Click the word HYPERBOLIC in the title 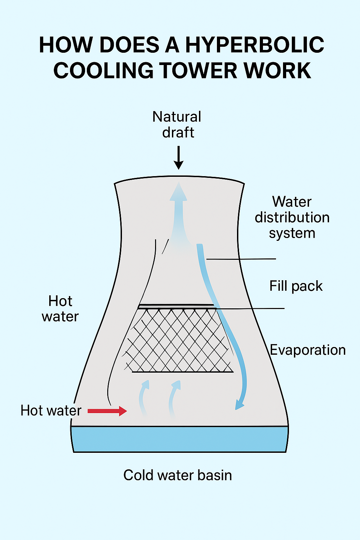(x=255, y=45)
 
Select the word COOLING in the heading (x=103, y=70)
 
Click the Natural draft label (x=177, y=124)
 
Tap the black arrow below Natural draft (x=179, y=158)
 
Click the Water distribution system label (x=292, y=217)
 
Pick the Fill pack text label (x=296, y=286)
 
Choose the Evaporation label (x=308, y=350)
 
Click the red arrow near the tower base (x=107, y=411)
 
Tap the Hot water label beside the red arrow (x=51, y=411)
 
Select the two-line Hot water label (x=60, y=309)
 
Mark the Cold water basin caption (x=178, y=475)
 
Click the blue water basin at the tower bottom (x=179, y=439)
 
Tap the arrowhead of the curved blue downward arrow (x=240, y=404)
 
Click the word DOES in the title (x=129, y=45)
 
